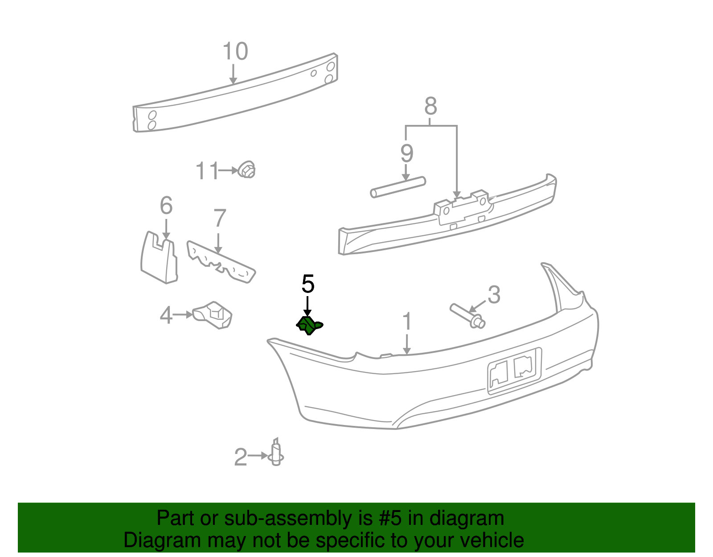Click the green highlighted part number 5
click(x=308, y=325)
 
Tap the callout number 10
click(x=235, y=52)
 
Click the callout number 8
click(x=430, y=107)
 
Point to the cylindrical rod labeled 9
click(x=398, y=187)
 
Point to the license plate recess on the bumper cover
click(x=514, y=371)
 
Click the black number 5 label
click(x=308, y=284)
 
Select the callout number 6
click(x=166, y=206)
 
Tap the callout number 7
click(x=220, y=219)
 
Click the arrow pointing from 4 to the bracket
click(x=183, y=315)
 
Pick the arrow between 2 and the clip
click(x=258, y=456)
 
